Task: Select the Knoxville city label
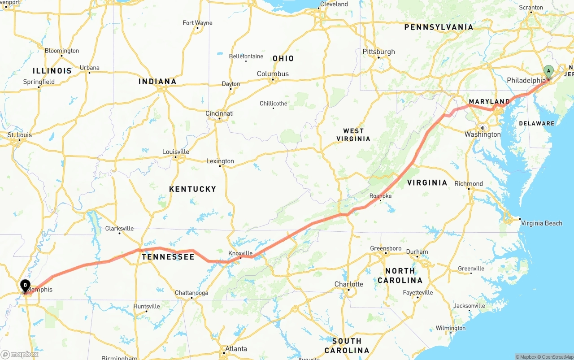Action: click(240, 253)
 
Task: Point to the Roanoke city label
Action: click(380, 196)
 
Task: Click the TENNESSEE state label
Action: click(168, 257)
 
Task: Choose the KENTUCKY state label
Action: click(192, 189)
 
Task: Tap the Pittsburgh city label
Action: click(378, 52)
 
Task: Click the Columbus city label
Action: click(273, 74)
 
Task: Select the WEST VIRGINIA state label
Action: click(353, 135)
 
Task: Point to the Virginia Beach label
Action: click(541, 223)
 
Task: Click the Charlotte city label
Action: click(348, 284)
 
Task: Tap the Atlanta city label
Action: click(236, 349)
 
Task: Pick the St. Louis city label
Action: click(20, 135)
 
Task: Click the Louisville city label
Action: click(175, 152)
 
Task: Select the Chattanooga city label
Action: click(191, 293)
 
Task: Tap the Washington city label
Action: click(483, 134)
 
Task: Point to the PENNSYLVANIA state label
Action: click(439, 27)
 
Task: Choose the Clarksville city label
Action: click(119, 228)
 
